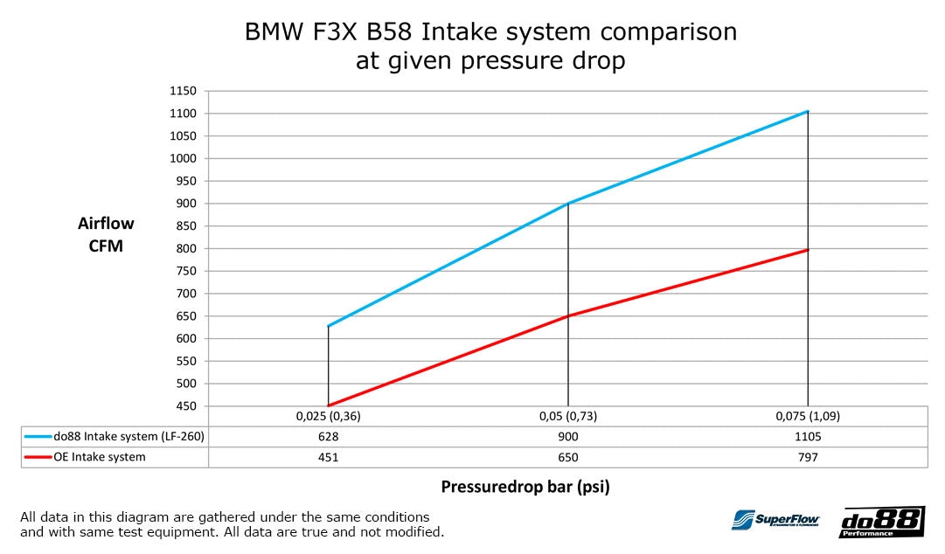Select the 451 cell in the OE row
coord(328,457)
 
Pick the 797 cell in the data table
coord(808,457)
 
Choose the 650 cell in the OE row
coord(568,457)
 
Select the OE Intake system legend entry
coord(100,457)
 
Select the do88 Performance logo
coord(880,522)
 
